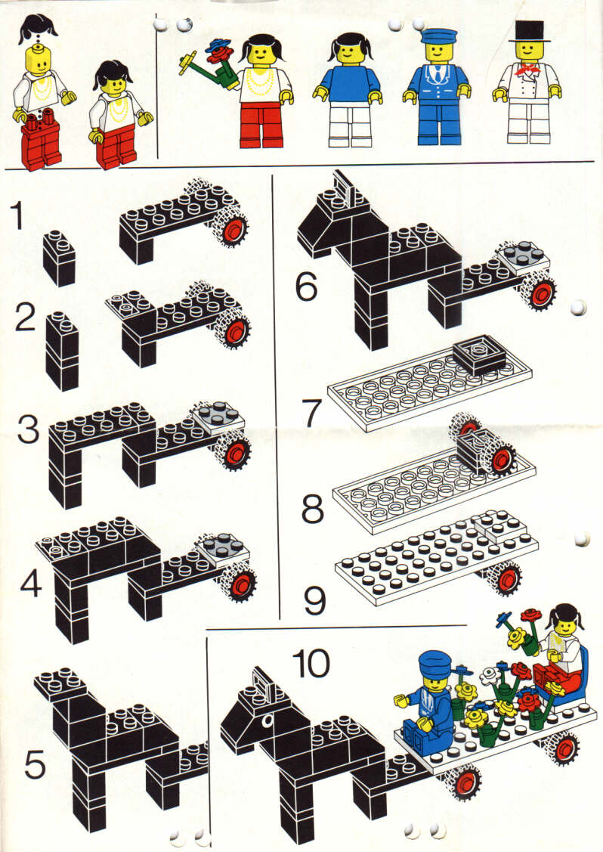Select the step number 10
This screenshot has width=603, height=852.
click(x=311, y=664)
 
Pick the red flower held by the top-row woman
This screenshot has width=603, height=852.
click(x=220, y=55)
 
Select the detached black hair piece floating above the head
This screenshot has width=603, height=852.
click(x=38, y=29)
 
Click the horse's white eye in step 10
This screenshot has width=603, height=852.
click(x=265, y=721)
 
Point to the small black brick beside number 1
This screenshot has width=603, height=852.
click(x=58, y=258)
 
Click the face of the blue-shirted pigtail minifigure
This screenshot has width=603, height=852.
click(x=349, y=52)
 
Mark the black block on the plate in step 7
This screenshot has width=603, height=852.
click(x=478, y=355)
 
